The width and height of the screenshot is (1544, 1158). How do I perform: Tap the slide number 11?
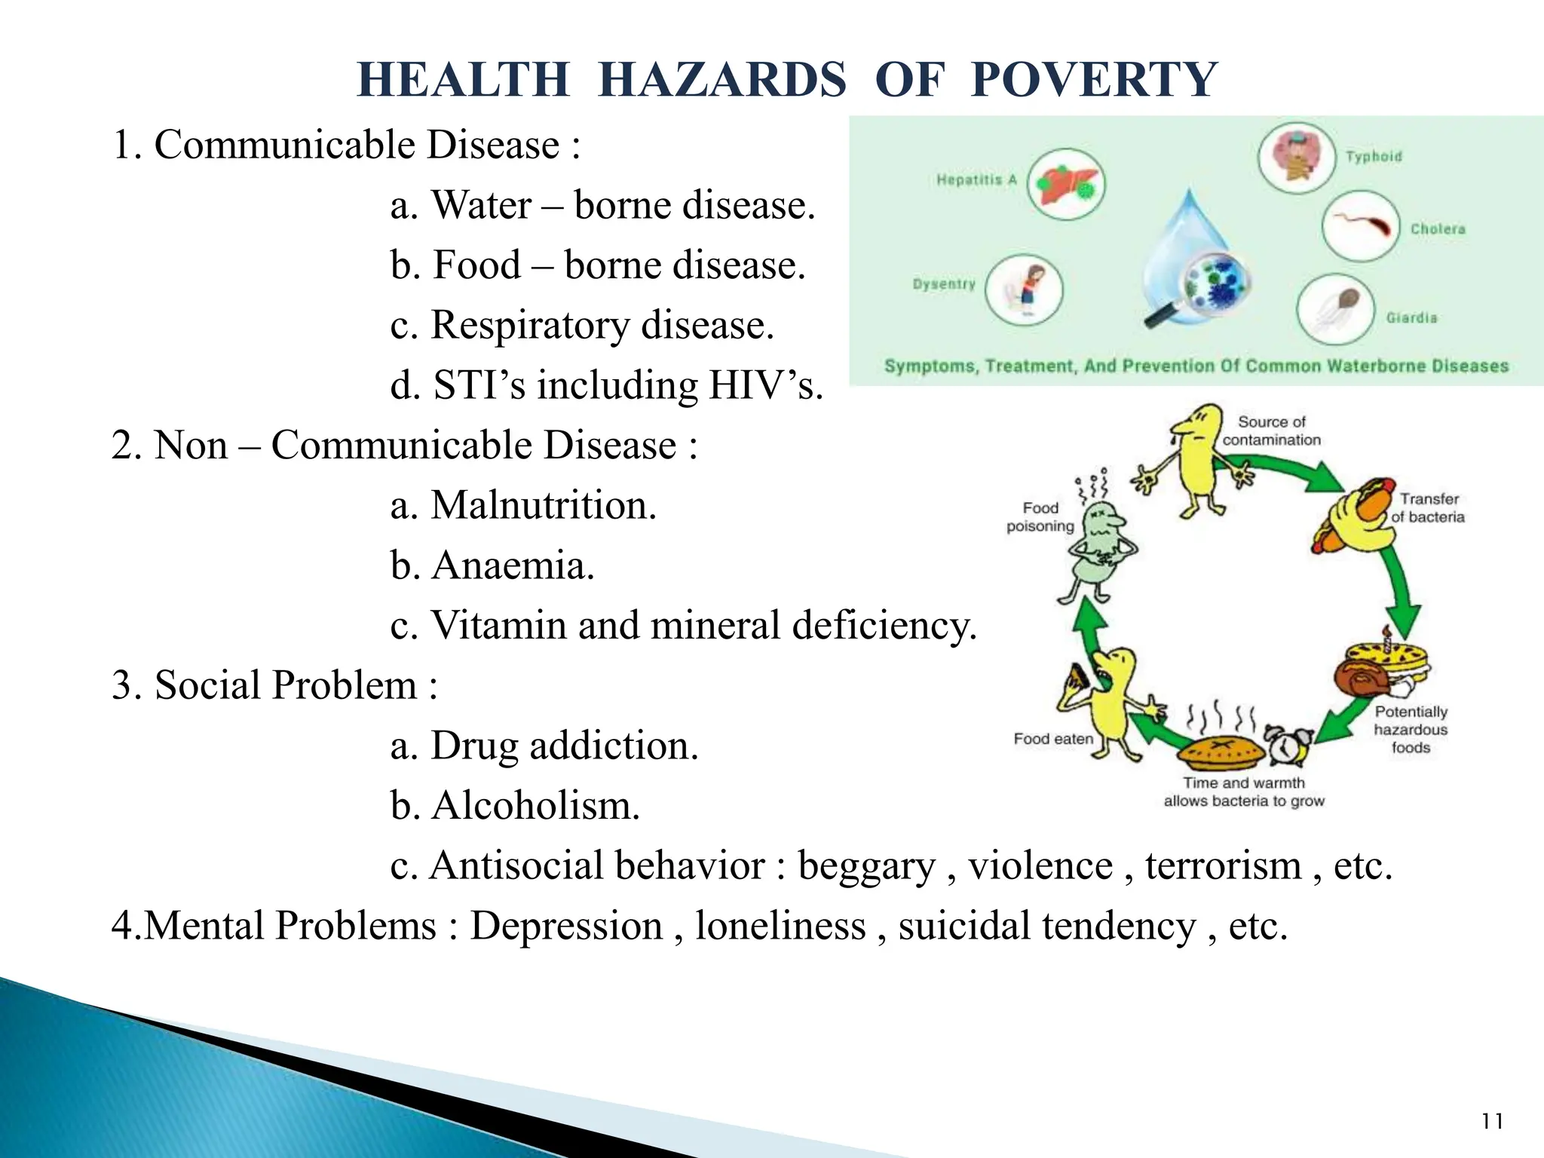click(1492, 1122)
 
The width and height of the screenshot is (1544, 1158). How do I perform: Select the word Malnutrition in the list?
click(543, 505)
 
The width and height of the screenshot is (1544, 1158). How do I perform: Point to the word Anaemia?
click(513, 565)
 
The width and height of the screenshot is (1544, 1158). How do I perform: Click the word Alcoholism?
click(535, 805)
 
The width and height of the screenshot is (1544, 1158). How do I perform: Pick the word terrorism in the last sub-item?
click(1223, 865)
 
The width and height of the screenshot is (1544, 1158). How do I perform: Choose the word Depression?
click(565, 926)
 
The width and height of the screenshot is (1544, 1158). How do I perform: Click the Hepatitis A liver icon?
click(1066, 184)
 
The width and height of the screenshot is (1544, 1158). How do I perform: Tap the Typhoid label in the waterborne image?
click(1374, 157)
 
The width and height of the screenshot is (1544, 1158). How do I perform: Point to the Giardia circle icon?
click(1335, 309)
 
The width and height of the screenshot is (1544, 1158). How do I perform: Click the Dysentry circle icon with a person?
click(1024, 289)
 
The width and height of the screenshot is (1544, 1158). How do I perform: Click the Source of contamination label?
click(1271, 430)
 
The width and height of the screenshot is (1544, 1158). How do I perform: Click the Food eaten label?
click(1052, 739)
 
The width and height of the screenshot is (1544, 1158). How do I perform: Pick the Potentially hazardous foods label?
click(1410, 729)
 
